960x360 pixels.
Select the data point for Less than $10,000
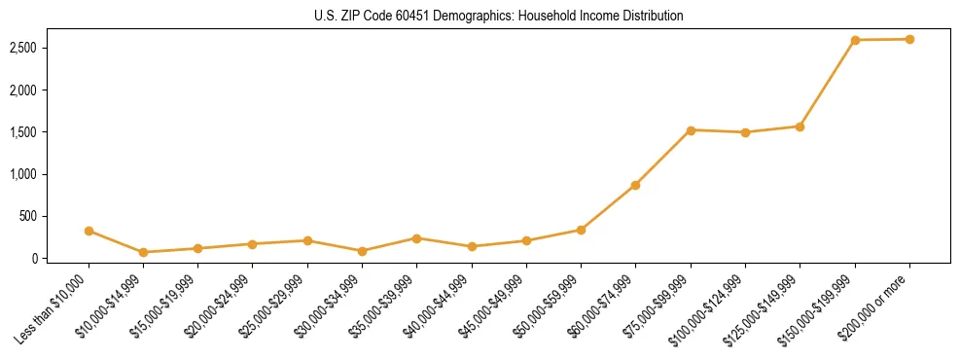click(89, 231)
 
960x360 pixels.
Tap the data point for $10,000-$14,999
click(143, 252)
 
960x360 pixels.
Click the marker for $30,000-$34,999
click(362, 251)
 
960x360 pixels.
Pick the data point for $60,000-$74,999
click(635, 185)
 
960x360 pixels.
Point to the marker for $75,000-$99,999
click(691, 130)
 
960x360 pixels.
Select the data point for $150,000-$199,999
click(855, 40)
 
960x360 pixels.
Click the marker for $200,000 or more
click(909, 39)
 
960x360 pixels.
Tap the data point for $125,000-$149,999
click(800, 126)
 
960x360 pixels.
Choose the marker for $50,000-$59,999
click(581, 230)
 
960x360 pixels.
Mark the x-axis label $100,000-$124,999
click(708, 311)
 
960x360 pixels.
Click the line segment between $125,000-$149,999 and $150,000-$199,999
click(827, 84)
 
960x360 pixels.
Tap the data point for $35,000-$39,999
click(416, 238)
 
